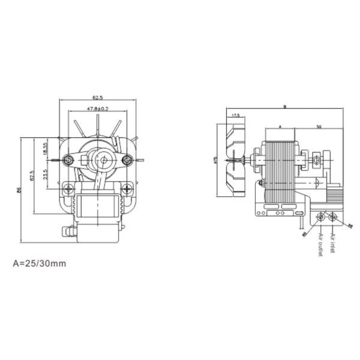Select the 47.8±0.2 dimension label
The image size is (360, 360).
point(97,109)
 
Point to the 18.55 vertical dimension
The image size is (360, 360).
point(46,148)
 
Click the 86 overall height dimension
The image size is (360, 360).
point(19,191)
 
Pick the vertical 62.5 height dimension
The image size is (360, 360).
point(32,176)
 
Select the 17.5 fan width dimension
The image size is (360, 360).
point(235,115)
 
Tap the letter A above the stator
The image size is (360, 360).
point(280,127)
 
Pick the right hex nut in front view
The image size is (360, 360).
point(127,160)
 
